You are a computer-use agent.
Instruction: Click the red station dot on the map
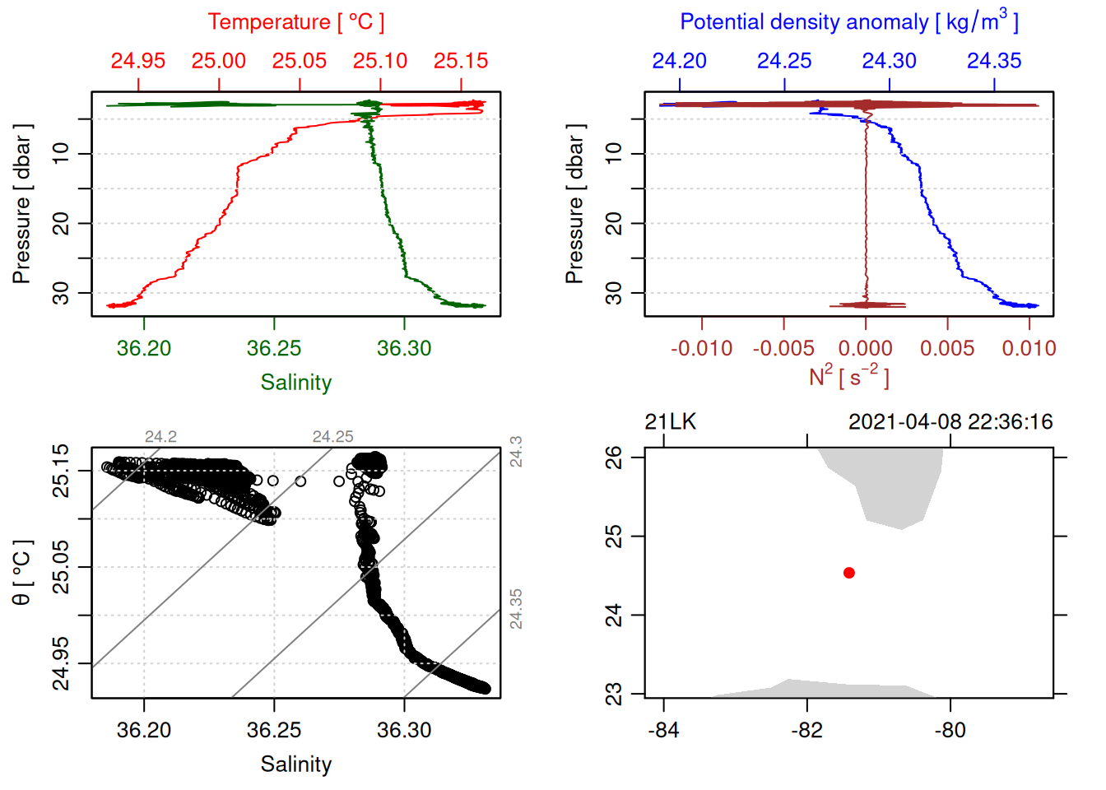848,573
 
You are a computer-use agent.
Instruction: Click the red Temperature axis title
295,22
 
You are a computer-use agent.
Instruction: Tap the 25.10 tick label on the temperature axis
380,61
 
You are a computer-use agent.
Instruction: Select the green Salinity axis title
295,383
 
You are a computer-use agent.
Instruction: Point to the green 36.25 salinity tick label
274,349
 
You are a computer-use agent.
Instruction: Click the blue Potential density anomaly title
848,21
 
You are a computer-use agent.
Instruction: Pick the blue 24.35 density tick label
994,61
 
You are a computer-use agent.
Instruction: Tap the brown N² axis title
848,377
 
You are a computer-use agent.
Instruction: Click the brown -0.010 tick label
701,349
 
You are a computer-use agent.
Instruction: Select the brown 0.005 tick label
947,349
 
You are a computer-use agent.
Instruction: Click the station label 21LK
670,422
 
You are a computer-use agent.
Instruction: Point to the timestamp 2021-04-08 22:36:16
950,422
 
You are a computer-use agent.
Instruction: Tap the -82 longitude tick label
806,731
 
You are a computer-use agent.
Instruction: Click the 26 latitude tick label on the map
614,457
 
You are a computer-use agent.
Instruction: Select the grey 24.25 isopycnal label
332,437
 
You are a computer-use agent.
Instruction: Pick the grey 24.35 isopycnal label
516,609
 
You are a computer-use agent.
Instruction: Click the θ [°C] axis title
22,573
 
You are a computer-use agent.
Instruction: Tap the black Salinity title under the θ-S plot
295,764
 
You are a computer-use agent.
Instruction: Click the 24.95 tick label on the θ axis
61,664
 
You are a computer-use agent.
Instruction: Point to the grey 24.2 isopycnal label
160,437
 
